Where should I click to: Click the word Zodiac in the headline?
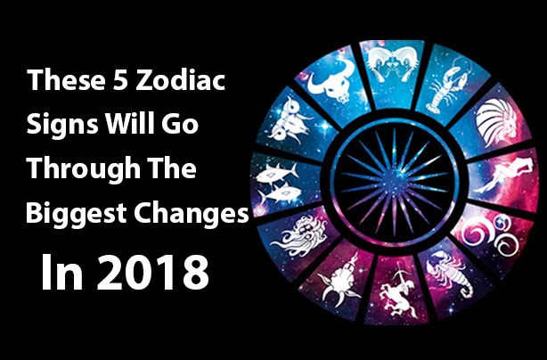[x=180, y=81]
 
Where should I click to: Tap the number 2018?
[x=152, y=273]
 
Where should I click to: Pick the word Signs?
[x=62, y=125]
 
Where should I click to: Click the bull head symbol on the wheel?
[x=331, y=81]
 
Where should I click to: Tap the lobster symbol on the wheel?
[x=447, y=86]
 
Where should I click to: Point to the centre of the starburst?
[x=394, y=182]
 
